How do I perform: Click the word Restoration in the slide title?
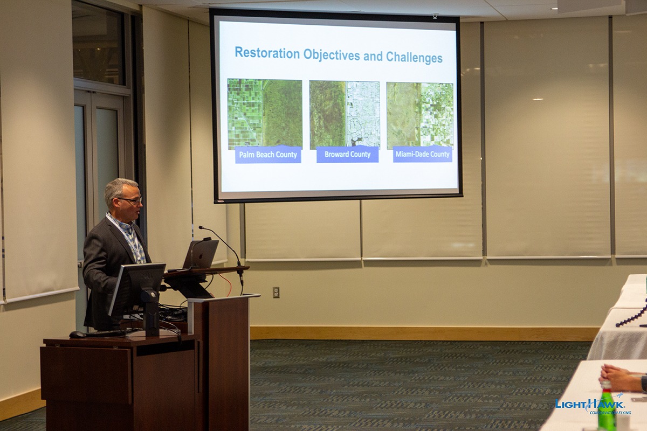point(267,53)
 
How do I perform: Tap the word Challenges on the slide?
point(414,57)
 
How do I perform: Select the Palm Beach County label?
point(268,155)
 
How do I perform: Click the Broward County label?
point(347,154)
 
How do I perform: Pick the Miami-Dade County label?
point(422,154)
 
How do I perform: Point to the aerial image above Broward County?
point(345,115)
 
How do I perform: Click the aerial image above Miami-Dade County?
point(419,115)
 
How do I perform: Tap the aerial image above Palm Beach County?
point(265,114)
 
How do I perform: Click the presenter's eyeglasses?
point(130,200)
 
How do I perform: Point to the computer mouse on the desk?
point(77,334)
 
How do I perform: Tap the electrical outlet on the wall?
point(276,292)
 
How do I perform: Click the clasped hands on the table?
point(618,378)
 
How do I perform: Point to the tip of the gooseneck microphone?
point(201,227)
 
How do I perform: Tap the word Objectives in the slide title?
point(332,55)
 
